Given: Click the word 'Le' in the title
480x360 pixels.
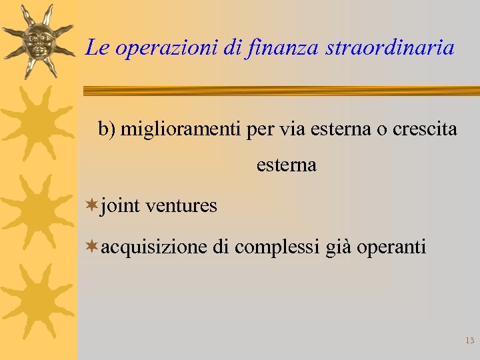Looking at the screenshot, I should pos(97,48).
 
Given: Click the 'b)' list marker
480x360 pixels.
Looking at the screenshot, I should pos(107,129).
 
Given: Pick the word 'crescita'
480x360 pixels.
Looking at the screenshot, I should pos(425,129).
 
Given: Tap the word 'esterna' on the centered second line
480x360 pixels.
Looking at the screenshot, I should pos(286,165).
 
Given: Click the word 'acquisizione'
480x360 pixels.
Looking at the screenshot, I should pos(154,248).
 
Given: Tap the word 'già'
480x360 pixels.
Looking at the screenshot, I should pos(339,248).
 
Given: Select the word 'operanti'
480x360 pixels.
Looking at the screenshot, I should pos(392,248).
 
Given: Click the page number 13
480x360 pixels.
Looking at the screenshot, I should pos(469,341).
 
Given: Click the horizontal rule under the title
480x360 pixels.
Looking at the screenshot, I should pos(280,91).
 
